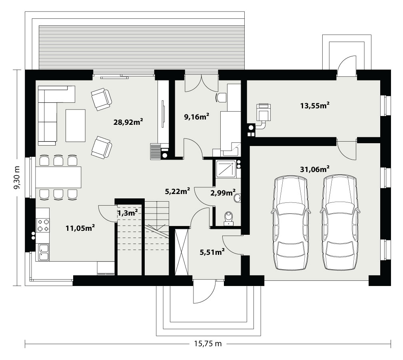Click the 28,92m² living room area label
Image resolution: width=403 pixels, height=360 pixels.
click(x=128, y=122)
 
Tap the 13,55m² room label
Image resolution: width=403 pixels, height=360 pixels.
click(x=315, y=105)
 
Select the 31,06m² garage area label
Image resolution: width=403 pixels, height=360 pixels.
click(x=315, y=169)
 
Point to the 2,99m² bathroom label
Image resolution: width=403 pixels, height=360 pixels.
click(x=223, y=192)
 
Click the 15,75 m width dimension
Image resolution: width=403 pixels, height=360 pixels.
click(x=207, y=344)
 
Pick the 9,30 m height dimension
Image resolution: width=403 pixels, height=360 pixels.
click(x=17, y=178)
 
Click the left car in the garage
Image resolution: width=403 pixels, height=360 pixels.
click(x=291, y=223)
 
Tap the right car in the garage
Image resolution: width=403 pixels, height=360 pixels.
click(x=340, y=223)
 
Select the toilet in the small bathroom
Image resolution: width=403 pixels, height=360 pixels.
click(x=228, y=218)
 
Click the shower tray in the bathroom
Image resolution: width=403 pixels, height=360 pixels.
click(x=226, y=169)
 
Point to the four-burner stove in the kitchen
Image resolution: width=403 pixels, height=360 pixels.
click(x=43, y=225)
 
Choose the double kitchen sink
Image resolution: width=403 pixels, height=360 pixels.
click(x=44, y=252)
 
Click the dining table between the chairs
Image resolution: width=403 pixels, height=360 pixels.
click(x=58, y=177)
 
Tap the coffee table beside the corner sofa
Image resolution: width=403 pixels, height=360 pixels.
click(x=75, y=126)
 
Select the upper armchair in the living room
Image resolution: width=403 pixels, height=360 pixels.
click(x=102, y=99)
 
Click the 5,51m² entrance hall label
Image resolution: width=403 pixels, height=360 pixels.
click(x=212, y=252)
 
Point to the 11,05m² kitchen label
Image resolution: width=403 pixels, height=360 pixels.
click(x=80, y=228)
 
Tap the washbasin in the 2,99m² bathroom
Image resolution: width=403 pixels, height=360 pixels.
click(x=237, y=198)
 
